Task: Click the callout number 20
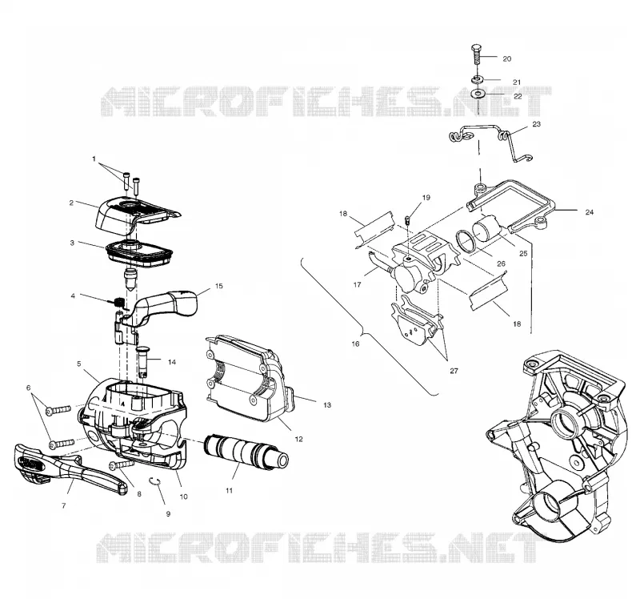(506, 58)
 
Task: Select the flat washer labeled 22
(476, 94)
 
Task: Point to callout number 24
(589, 212)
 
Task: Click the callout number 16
(355, 344)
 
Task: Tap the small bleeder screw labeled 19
(407, 220)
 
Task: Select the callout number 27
(454, 371)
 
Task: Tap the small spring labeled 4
(118, 303)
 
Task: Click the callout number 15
(218, 286)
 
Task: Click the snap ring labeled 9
(155, 481)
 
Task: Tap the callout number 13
(326, 405)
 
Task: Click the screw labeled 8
(122, 465)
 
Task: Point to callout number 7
(64, 506)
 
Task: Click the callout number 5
(78, 364)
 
